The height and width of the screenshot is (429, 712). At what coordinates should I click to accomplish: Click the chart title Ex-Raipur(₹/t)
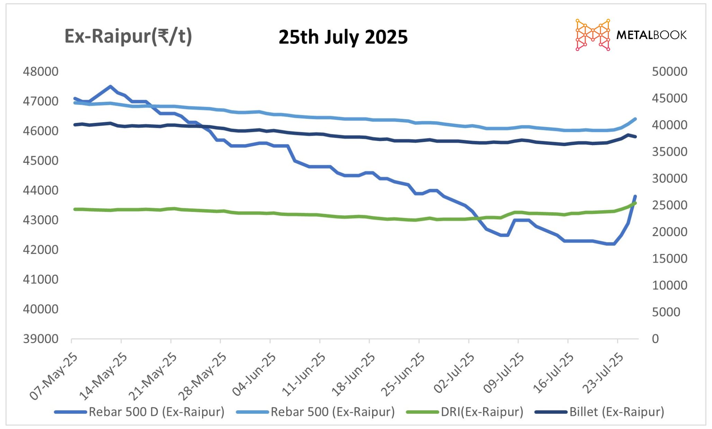point(128,37)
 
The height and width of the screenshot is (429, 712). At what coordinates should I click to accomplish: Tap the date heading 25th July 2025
point(343,37)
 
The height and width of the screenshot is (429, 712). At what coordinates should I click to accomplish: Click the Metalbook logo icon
point(592,35)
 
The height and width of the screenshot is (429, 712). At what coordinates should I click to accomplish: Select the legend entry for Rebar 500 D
point(156,412)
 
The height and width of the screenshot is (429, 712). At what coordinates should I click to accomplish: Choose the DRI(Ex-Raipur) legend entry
point(481,412)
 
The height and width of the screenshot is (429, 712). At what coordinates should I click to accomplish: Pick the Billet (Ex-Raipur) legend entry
point(616,412)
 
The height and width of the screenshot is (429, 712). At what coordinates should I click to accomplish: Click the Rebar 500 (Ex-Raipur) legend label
point(332,412)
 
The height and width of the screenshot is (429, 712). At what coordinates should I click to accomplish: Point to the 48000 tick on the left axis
point(40,72)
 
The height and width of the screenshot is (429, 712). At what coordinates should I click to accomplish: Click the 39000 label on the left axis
point(40,339)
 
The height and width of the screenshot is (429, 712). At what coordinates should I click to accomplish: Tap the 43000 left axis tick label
point(40,220)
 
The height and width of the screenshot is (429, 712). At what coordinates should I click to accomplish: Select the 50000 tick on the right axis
point(669,72)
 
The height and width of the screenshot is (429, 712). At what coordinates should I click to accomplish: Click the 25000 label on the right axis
point(669,205)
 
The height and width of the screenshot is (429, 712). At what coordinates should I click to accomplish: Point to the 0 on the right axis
point(655,339)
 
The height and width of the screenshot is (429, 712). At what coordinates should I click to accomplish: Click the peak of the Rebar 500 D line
point(110,87)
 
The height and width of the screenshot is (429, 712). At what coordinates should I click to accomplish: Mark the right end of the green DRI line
point(635,203)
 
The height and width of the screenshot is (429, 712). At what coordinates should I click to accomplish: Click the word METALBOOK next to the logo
point(651,35)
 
